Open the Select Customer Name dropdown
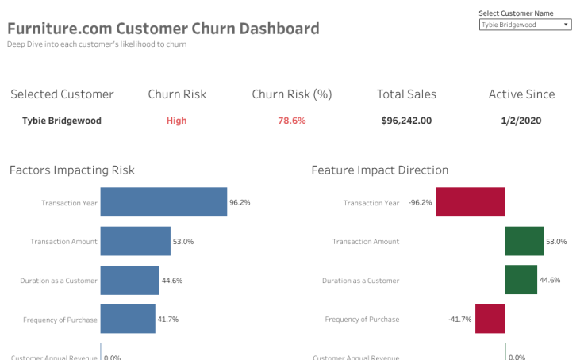click(x=524, y=25)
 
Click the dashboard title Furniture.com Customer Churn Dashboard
click(x=163, y=29)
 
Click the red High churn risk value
click(x=176, y=121)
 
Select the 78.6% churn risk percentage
click(x=291, y=121)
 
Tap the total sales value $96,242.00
click(x=406, y=121)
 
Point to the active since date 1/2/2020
click(x=521, y=121)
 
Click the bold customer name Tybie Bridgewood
click(x=62, y=121)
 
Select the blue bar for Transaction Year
click(x=163, y=202)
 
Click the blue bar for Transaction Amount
click(x=135, y=241)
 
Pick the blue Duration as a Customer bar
click(x=129, y=280)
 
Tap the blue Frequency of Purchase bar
click(x=128, y=319)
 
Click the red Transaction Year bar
click(x=470, y=202)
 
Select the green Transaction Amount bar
click(x=524, y=241)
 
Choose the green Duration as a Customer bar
click(x=521, y=280)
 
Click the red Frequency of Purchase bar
click(x=490, y=319)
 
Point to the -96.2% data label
click(x=421, y=202)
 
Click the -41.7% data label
click(x=460, y=319)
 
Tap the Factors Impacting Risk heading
click(x=72, y=170)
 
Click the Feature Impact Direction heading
click(x=379, y=170)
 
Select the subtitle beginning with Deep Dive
click(x=97, y=44)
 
